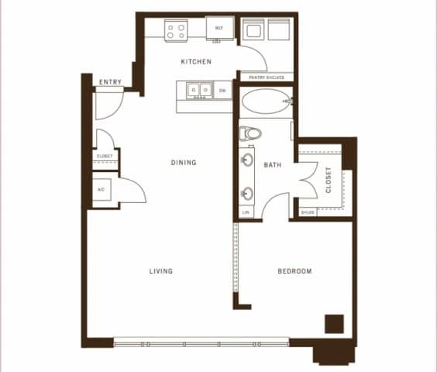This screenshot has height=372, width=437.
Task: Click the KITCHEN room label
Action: pos(196,61)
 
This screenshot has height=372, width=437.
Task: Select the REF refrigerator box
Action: pos(219,29)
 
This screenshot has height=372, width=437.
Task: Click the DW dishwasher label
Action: pos(222,91)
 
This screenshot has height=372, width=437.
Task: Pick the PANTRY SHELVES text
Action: pos(266,77)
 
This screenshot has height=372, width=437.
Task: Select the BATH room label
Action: pos(272,165)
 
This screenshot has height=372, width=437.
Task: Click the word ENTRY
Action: pos(109,83)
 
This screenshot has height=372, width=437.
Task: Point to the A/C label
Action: pos(102,189)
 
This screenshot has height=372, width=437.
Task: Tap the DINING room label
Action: pos(184,163)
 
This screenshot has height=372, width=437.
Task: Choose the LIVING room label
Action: pos(160,271)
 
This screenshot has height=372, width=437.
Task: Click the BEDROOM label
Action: pos(294,271)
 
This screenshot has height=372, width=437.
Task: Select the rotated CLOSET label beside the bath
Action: pos(329,179)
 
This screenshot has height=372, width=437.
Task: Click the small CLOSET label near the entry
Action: pos(105,157)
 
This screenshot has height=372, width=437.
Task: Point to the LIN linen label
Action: pos(246,212)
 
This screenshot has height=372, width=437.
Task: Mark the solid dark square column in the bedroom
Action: pos(334,323)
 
